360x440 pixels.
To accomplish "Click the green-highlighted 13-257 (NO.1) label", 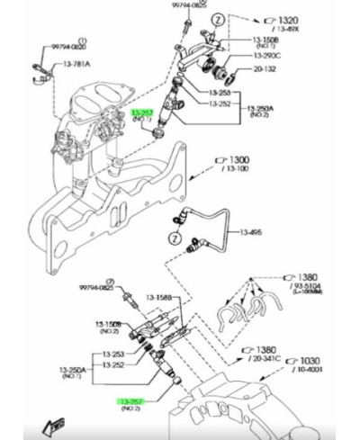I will [144, 114].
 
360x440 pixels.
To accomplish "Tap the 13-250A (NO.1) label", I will [74, 370].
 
